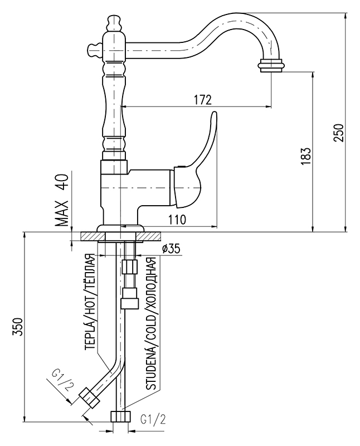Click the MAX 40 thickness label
click(x=62, y=200)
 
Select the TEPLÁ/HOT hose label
click(x=91, y=301)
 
